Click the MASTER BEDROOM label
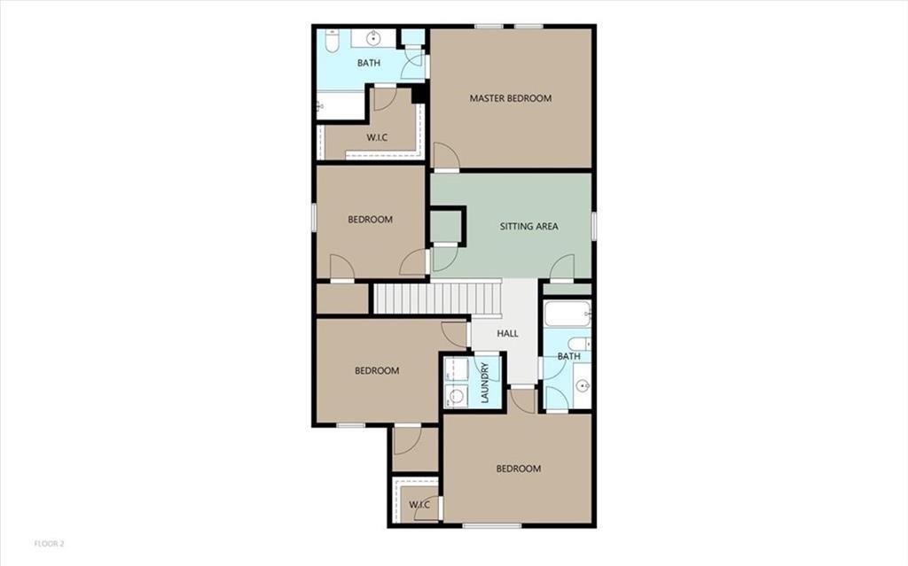pyautogui.click(x=510, y=98)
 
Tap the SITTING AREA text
pyautogui.click(x=528, y=227)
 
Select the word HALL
pyautogui.click(x=507, y=334)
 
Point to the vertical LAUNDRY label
pyautogui.click(x=485, y=383)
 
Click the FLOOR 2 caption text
pyautogui.click(x=50, y=543)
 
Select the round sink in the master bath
pyautogui.click(x=373, y=38)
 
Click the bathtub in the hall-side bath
pyautogui.click(x=567, y=314)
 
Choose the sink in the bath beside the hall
pyautogui.click(x=582, y=386)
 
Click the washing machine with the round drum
pyautogui.click(x=458, y=397)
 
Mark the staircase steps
pyautogui.click(x=436, y=298)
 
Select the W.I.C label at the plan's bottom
pyautogui.click(x=419, y=505)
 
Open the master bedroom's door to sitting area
pyautogui.click(x=445, y=157)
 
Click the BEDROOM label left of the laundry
pyautogui.click(x=377, y=371)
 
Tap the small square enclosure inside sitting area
pyautogui.click(x=447, y=225)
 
